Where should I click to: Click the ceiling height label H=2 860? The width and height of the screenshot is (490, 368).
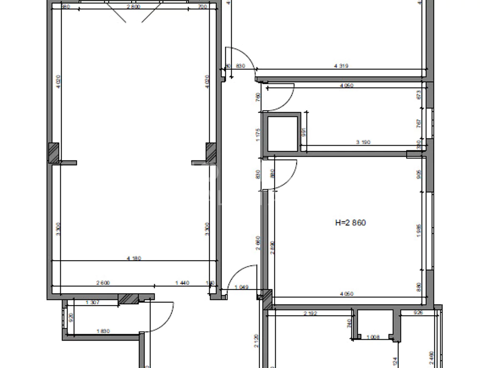pos(352,222)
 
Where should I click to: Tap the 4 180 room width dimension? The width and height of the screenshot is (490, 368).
pos(134,258)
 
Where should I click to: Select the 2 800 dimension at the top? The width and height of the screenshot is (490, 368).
pos(133,6)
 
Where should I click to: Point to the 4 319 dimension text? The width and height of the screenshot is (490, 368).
pos(340,66)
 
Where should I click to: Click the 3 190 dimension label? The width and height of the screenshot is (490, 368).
pos(363,142)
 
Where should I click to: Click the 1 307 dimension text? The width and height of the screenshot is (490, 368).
pos(92,302)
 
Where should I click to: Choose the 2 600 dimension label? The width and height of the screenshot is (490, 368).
pos(103,283)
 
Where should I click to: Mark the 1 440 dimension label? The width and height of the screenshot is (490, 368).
pos(182,283)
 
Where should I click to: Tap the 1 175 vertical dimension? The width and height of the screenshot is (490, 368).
pos(258,133)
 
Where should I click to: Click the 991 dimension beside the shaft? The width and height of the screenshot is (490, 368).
pos(303,133)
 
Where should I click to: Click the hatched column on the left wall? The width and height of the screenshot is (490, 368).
pos(55,153)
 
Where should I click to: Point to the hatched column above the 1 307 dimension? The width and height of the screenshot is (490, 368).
pos(128,299)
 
